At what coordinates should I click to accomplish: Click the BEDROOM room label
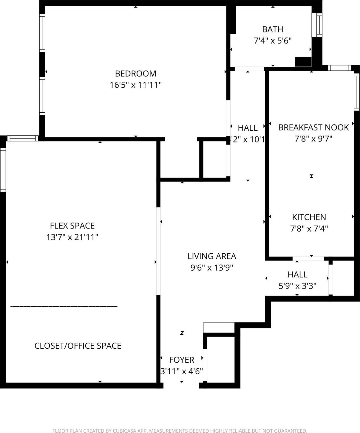point(135,74)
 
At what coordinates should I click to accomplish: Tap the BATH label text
point(273,30)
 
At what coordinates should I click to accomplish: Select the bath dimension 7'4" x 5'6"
point(273,41)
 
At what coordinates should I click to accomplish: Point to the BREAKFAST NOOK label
point(313,128)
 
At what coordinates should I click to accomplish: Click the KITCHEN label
point(309,217)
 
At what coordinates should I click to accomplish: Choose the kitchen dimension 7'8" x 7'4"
point(309,229)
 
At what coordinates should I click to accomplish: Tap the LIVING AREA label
point(212,256)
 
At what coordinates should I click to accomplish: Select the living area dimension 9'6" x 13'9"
point(212,268)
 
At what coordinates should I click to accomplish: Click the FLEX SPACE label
point(72,226)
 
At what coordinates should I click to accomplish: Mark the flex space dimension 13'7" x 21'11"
point(72,237)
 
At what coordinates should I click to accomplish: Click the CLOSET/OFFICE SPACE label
point(78,346)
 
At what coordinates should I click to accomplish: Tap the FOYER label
point(182,360)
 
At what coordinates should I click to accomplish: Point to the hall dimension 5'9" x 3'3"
point(297,286)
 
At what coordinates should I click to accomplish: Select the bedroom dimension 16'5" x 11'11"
point(135,85)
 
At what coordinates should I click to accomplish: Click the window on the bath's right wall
point(319,25)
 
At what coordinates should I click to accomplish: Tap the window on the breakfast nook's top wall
point(340,68)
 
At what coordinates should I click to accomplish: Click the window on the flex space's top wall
point(23,138)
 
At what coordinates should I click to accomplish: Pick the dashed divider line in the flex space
point(64,306)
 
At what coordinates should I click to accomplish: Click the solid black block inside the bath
point(303,62)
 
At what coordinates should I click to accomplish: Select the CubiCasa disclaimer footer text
point(180,431)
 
